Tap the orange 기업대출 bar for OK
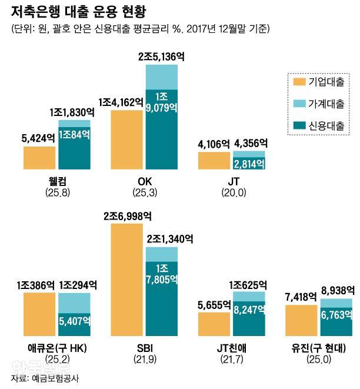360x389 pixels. point(126,139)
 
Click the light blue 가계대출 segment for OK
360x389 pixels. point(161,77)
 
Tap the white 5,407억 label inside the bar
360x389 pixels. point(74,321)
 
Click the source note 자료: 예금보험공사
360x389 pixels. point(44,379)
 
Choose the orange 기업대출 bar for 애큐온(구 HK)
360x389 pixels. point(39,312)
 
